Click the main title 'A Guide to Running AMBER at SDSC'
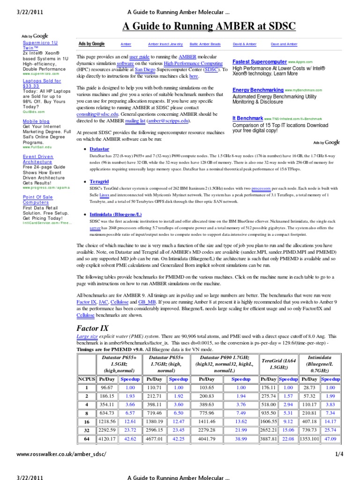(209, 26)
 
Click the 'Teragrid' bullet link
(99, 181)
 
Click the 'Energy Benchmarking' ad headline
(258, 90)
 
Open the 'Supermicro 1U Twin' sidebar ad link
(40, 45)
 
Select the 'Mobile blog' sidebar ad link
(36, 121)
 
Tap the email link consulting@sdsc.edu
(97, 113)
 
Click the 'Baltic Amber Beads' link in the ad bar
(205, 44)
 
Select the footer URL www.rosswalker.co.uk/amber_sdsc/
(61, 454)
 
